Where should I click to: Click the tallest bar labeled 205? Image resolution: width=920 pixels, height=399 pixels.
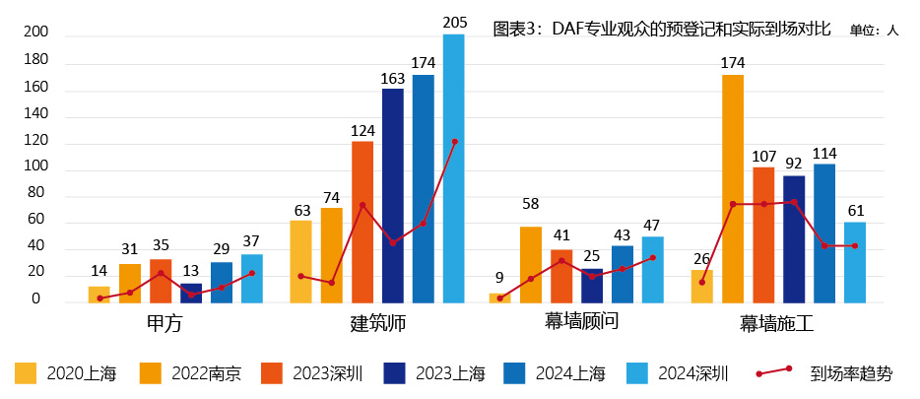453,167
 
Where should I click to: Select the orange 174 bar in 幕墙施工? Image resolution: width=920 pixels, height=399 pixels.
732,187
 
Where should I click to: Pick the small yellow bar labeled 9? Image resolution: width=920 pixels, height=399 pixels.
499,298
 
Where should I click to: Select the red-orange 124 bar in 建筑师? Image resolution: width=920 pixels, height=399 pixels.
361,222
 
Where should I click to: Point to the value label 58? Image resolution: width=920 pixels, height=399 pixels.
530,204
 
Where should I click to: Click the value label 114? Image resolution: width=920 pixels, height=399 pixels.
823,154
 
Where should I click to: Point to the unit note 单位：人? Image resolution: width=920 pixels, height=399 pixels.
874,31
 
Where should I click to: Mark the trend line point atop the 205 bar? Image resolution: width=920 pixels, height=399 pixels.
454,142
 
